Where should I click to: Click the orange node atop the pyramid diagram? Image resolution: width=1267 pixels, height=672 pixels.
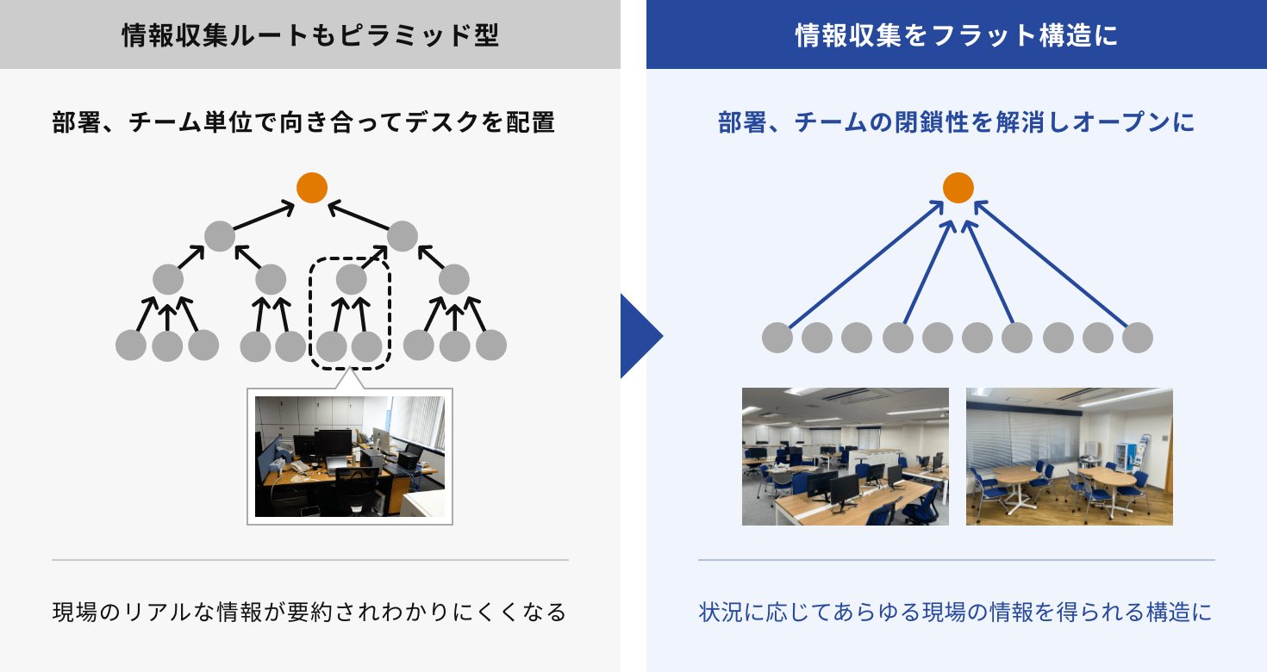pos(312,188)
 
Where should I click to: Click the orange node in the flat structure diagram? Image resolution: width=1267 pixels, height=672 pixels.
pos(958,188)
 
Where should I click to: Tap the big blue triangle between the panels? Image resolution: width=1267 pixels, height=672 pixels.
pos(641,336)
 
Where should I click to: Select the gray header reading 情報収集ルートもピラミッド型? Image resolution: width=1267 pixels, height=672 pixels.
pos(310,34)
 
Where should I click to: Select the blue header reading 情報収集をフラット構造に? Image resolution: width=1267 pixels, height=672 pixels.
pos(957,34)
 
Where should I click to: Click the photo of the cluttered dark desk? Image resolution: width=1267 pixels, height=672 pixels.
pos(350,456)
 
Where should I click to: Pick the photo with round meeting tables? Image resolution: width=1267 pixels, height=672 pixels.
pos(1069,456)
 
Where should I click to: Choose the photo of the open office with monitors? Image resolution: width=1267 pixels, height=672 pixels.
pos(845,456)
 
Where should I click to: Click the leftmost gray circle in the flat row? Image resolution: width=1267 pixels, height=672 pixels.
pos(777,338)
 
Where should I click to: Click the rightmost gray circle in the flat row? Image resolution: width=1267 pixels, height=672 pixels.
pos(1138,338)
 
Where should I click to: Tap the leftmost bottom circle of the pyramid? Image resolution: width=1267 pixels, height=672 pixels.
pos(131,345)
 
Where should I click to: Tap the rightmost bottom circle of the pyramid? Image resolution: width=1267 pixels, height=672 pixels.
pos(491,345)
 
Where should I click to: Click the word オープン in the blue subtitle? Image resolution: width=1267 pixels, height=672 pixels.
pos(1122,122)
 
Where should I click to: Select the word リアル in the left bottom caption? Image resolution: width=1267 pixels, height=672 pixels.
pos(157,612)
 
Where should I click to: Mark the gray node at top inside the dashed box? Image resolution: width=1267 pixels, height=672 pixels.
pos(352,279)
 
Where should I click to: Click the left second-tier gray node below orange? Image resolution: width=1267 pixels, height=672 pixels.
pos(220,236)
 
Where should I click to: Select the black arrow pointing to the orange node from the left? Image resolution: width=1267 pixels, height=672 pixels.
pos(264,216)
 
